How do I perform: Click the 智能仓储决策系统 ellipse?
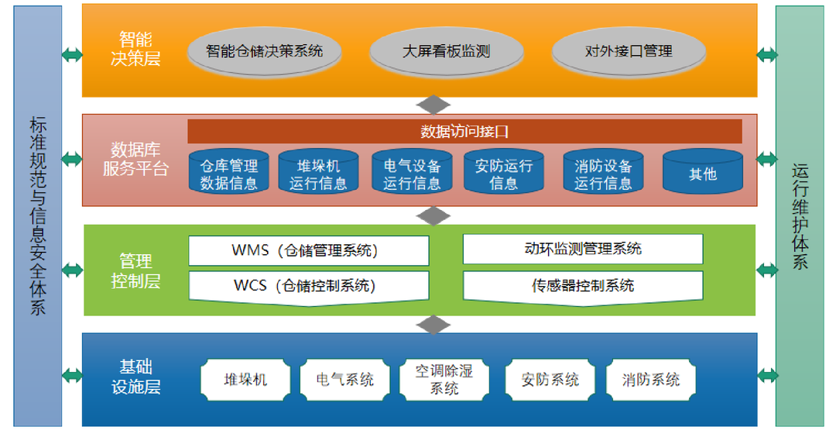264,52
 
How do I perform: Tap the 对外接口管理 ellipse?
628,52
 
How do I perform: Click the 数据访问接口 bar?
464,131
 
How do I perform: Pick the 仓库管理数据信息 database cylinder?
229,173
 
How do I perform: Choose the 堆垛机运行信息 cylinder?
318,173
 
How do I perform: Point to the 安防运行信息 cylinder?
504,173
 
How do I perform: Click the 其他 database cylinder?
702,173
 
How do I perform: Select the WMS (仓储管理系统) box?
308,250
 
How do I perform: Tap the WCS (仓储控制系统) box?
308,286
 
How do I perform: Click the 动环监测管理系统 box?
582,249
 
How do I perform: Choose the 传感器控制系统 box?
582,285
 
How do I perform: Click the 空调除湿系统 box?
444,380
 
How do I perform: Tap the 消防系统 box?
650,380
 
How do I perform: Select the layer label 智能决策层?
135,49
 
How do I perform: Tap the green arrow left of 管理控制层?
72,270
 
